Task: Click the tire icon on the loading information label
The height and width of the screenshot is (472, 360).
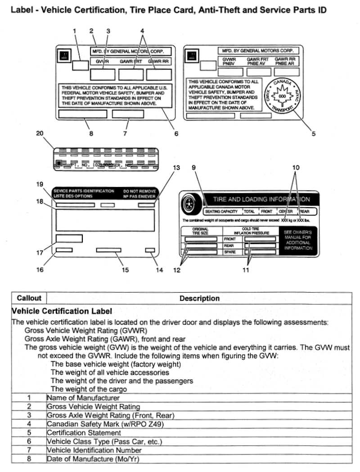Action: click(189, 205)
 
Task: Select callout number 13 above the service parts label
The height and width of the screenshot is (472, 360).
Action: click(176, 168)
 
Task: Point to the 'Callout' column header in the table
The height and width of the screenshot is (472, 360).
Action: click(29, 298)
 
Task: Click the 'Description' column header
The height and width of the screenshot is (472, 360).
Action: click(199, 298)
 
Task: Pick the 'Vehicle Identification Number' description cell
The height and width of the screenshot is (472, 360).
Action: click(94, 450)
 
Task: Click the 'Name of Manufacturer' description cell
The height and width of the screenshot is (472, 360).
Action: click(83, 398)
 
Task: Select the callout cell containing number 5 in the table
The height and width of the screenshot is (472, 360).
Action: click(29, 432)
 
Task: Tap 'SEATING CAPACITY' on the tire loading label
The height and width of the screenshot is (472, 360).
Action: click(221, 211)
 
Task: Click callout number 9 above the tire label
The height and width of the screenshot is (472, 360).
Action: click(193, 168)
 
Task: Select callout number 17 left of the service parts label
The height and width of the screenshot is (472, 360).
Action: click(40, 253)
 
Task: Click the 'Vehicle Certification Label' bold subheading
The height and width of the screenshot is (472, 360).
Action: click(61, 311)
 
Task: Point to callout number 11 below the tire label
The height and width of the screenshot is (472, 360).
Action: click(246, 270)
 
